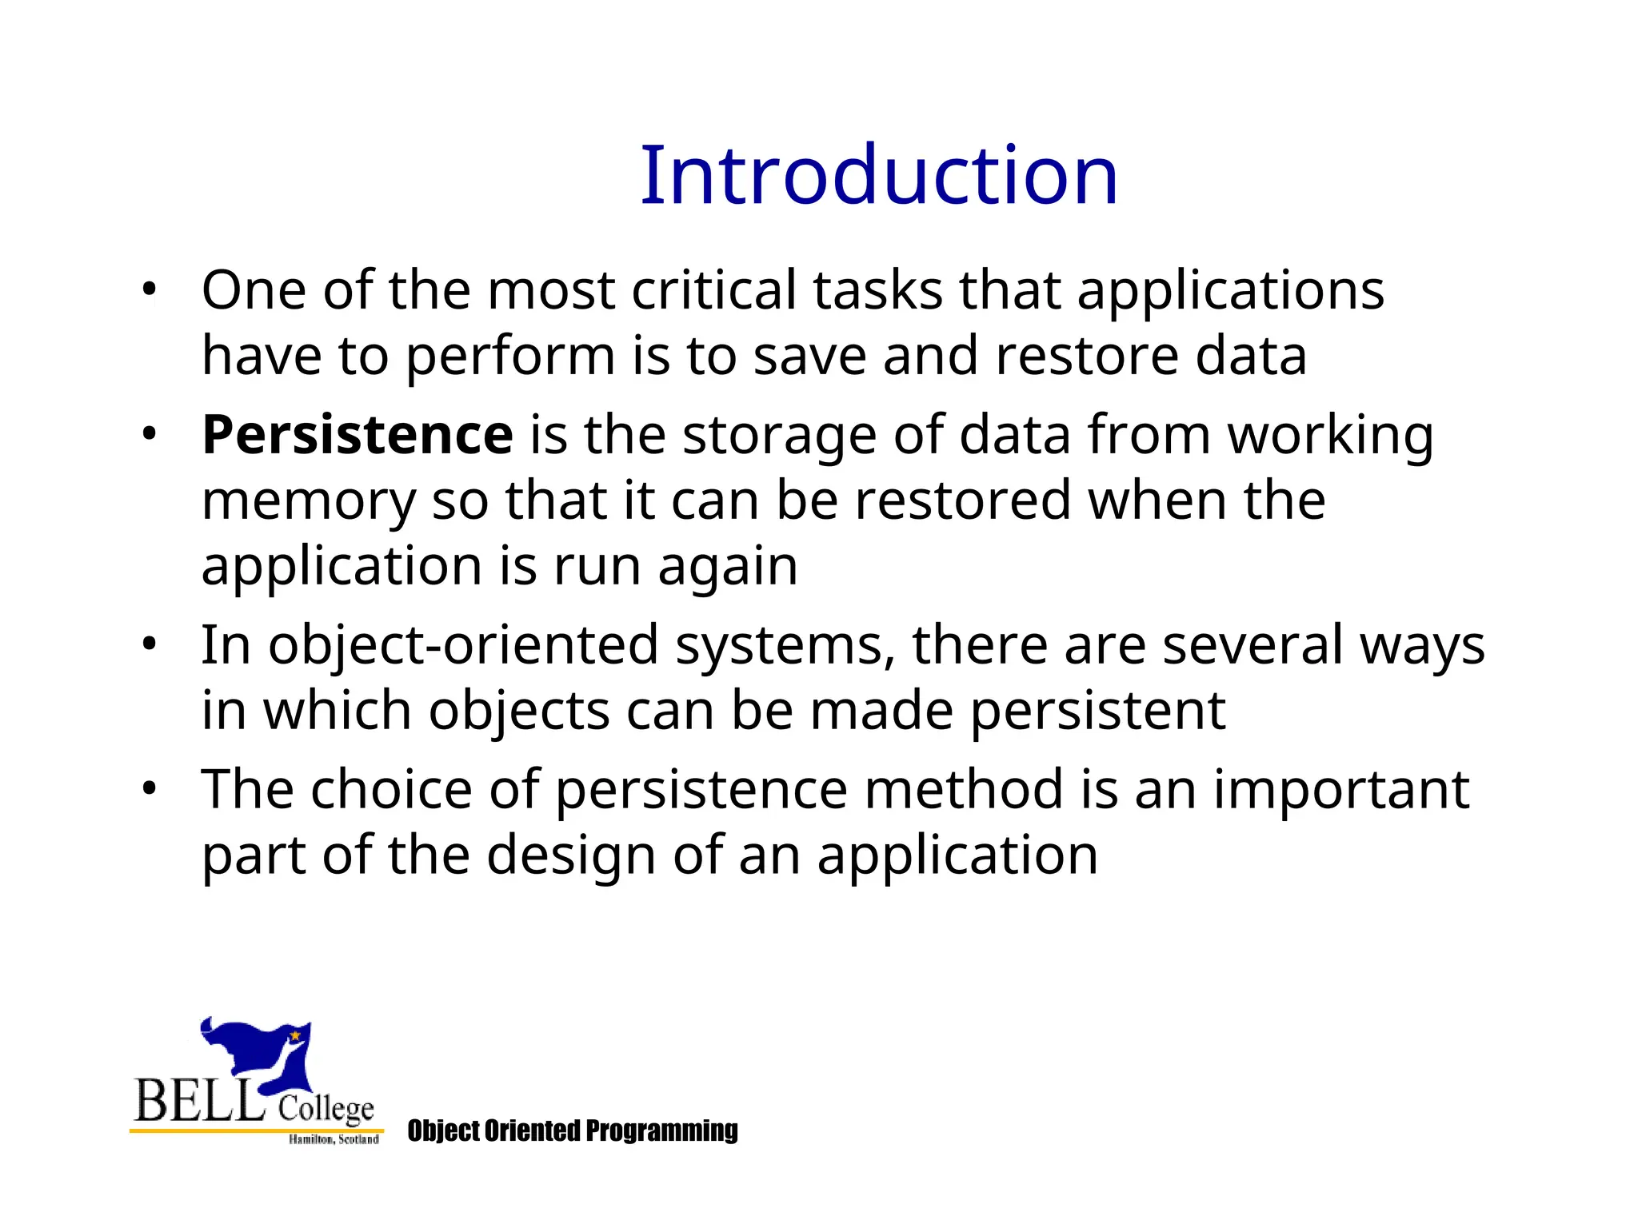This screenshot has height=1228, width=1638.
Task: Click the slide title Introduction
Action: pos(878,176)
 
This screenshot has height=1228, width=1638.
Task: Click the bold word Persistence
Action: pos(357,435)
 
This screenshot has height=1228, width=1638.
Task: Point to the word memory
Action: pos(308,502)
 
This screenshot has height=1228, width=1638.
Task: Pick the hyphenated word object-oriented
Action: pos(462,644)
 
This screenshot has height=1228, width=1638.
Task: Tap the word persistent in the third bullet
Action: pos(1097,710)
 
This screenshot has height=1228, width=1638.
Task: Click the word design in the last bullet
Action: pos(571,855)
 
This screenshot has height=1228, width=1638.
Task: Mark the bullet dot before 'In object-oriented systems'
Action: pos(149,644)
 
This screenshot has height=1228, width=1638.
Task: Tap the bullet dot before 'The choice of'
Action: pos(149,790)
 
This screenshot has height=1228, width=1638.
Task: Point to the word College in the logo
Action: pos(326,1109)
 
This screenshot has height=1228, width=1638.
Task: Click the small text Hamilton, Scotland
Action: pos(334,1139)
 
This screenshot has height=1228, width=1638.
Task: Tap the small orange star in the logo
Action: pos(295,1035)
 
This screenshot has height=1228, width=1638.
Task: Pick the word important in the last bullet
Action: pos(1341,790)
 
